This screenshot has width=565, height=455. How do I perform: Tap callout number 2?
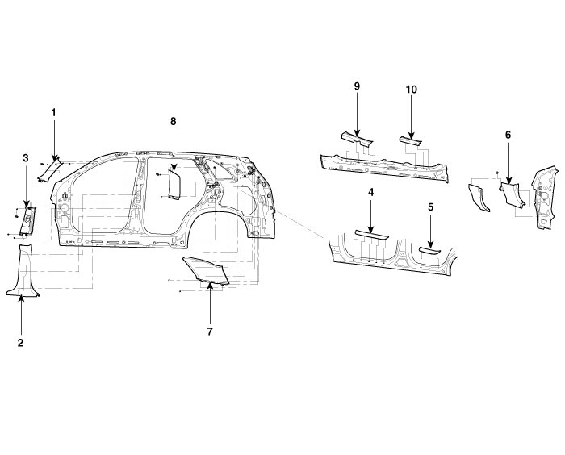coord(21,342)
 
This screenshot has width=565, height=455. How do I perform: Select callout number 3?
coord(26,157)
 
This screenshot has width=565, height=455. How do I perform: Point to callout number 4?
coord(370,193)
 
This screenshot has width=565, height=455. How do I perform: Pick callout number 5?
coord(431,207)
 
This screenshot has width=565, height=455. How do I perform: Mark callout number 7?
coord(209,331)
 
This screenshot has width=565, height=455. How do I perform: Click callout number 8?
coord(173,121)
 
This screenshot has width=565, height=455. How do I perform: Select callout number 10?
coord(411,90)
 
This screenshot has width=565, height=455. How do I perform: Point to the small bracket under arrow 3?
coord(27,219)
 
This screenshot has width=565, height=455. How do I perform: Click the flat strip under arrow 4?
coord(371,233)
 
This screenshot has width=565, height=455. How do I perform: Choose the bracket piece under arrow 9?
coord(356,140)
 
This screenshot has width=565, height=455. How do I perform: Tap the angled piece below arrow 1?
coord(52,168)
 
